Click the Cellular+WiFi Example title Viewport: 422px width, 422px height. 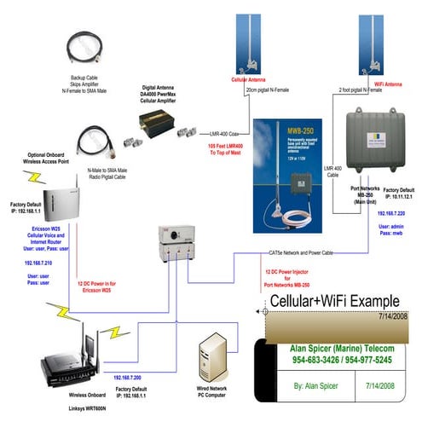click(335, 301)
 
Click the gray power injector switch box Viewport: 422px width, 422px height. click(174, 242)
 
